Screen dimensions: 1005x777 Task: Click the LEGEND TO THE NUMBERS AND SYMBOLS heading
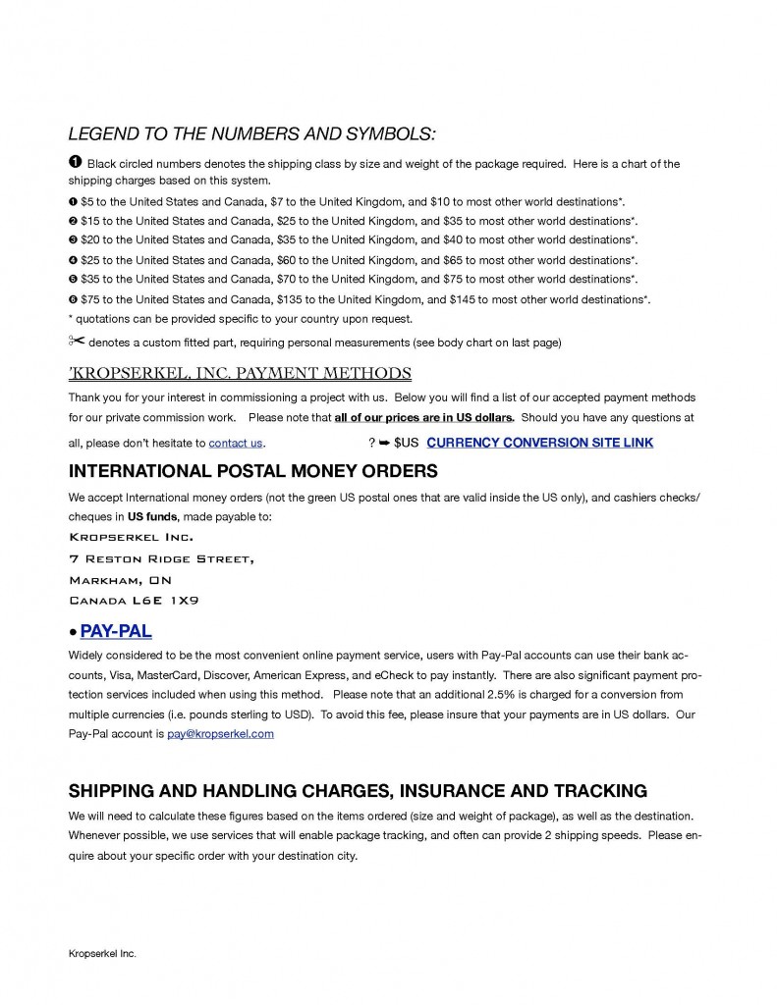tap(251, 133)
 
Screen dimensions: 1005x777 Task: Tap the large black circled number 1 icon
tap(75, 162)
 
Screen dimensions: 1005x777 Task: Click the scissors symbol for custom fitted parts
tap(77, 341)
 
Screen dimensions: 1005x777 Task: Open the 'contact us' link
tap(236, 443)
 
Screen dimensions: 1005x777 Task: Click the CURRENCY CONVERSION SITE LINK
tap(539, 443)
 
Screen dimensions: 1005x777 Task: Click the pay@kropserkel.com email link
tap(219, 733)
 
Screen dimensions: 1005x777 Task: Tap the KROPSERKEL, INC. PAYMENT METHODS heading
tap(240, 373)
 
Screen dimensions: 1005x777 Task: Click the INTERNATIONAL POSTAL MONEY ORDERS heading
tap(252, 471)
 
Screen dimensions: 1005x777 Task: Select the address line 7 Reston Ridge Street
tap(161, 558)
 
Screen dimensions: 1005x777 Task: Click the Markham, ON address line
tap(120, 579)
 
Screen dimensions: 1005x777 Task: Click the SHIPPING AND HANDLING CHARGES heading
tap(358, 791)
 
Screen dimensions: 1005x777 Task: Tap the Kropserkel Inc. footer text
tap(102, 953)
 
